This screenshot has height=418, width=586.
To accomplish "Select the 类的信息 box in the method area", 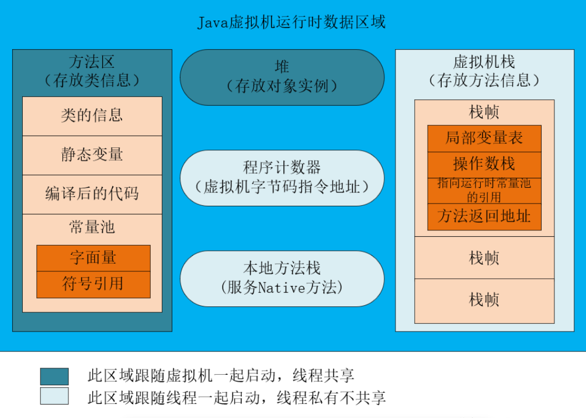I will (x=92, y=116).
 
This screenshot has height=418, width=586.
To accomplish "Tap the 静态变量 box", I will (x=92, y=155).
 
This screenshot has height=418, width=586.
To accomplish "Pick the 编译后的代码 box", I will (x=92, y=194).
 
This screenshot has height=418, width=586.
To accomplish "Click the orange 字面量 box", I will (x=93, y=258).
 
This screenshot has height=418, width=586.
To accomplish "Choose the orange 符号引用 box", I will (x=93, y=285).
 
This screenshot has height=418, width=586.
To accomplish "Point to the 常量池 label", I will (x=92, y=227).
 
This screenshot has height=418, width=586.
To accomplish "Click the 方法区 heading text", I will (x=92, y=62).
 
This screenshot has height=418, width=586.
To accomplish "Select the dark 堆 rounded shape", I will (x=282, y=77).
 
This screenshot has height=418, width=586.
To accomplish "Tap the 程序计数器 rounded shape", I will (x=282, y=178).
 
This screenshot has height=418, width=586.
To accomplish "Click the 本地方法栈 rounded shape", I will (x=282, y=278).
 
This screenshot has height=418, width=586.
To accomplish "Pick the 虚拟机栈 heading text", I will (x=484, y=62).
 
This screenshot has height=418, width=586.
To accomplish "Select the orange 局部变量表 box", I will (x=484, y=139).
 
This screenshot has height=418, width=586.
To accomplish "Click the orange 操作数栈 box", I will (x=484, y=164).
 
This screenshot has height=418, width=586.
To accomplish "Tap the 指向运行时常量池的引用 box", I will (x=484, y=191).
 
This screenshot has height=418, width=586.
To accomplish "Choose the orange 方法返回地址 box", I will (x=484, y=217).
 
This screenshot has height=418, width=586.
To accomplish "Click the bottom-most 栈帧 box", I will (x=484, y=300).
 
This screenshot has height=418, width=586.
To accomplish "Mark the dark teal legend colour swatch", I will (x=54, y=376).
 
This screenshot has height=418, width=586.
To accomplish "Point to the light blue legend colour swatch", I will (x=54, y=396).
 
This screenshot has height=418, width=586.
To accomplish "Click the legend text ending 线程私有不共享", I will (x=236, y=398).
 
